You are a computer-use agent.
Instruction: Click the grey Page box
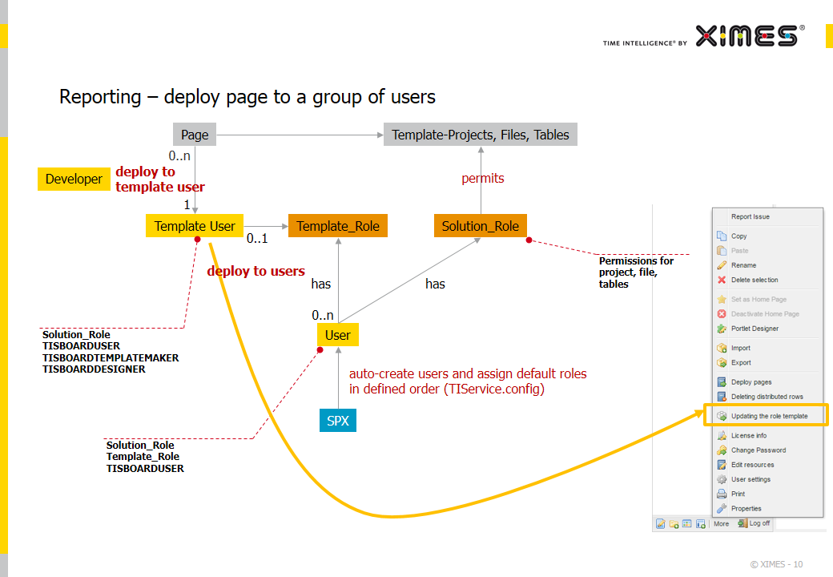click(x=195, y=135)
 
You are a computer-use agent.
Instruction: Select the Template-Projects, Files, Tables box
click(x=481, y=135)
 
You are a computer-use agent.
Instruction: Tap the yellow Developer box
click(x=74, y=179)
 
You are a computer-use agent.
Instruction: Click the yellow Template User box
click(x=195, y=226)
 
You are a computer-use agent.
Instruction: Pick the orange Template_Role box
click(x=338, y=226)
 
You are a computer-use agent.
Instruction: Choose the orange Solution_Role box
click(x=481, y=226)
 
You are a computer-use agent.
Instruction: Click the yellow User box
click(x=338, y=335)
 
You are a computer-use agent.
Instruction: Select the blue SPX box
click(x=338, y=420)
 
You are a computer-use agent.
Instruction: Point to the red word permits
click(x=483, y=179)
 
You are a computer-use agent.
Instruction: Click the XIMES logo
click(x=750, y=36)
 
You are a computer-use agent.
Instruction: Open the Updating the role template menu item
click(x=769, y=416)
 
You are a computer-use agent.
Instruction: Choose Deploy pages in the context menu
click(x=751, y=382)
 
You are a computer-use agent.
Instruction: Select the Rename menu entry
click(x=743, y=265)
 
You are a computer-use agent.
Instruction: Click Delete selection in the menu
click(x=755, y=280)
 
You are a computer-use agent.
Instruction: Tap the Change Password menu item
click(x=758, y=450)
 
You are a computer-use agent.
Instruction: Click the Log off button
click(x=754, y=523)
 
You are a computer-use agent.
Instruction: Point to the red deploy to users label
click(x=256, y=271)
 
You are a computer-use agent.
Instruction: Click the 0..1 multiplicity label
click(x=257, y=239)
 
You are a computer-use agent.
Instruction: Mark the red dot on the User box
click(x=320, y=349)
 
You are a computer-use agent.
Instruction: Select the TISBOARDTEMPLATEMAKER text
click(x=111, y=357)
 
